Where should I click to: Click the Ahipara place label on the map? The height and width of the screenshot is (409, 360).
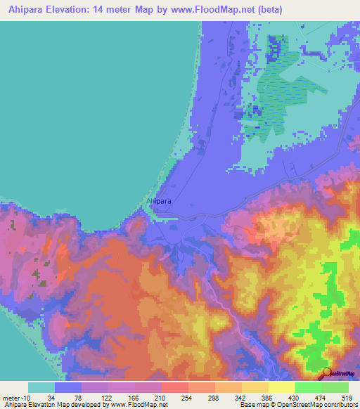pyautogui.click(x=159, y=202)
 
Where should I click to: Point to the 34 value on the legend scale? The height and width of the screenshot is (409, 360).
pyautogui.click(x=51, y=397)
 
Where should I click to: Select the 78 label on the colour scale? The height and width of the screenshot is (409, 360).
pyautogui.click(x=79, y=397)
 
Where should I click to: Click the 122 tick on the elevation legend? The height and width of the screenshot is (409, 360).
pyautogui.click(x=107, y=397)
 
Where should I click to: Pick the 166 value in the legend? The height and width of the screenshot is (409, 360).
pyautogui.click(x=135, y=397)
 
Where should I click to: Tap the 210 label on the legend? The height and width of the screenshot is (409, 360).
pyautogui.click(x=162, y=397)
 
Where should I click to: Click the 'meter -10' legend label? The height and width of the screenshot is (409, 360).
pyautogui.click(x=16, y=397)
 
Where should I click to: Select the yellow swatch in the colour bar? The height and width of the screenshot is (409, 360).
pyautogui.click(x=281, y=387)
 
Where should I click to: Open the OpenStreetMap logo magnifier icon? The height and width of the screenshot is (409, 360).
pyautogui.click(x=326, y=373)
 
